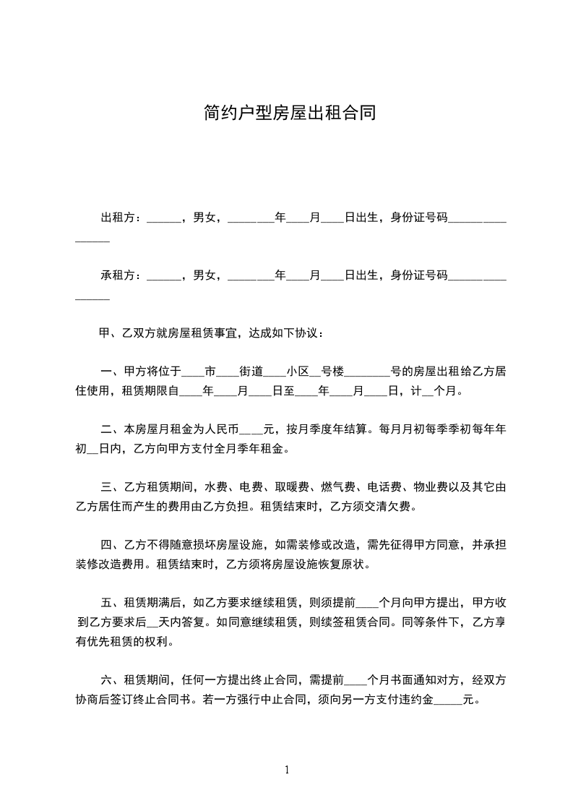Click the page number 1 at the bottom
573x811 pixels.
click(x=287, y=769)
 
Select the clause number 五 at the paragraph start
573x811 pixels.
click(x=105, y=603)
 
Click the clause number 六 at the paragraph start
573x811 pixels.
click(x=105, y=680)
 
